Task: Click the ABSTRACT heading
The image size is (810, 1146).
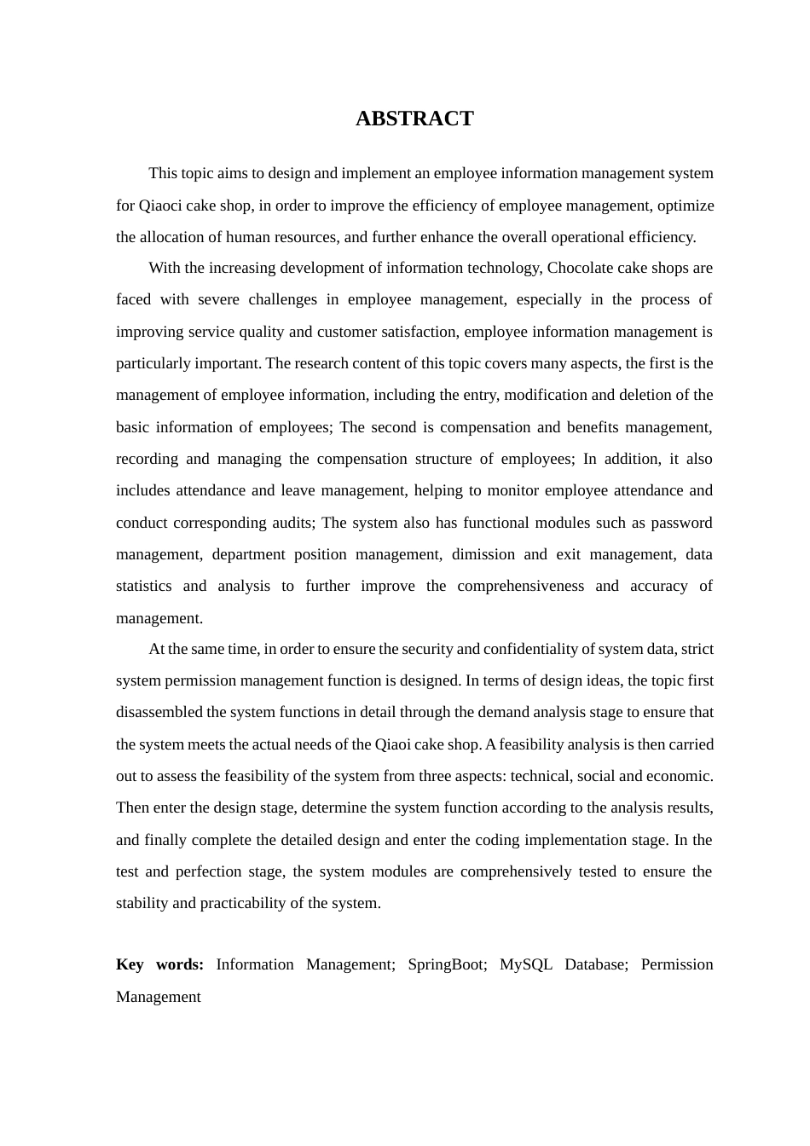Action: coord(414,119)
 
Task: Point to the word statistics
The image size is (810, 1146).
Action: coord(142,586)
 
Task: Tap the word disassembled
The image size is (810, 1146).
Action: coord(159,712)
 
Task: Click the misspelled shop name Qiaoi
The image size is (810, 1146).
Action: coord(392,744)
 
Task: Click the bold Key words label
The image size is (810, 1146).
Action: coord(159,964)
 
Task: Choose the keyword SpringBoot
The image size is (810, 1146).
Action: coord(447,964)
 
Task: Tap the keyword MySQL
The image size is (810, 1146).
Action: coord(526,964)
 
